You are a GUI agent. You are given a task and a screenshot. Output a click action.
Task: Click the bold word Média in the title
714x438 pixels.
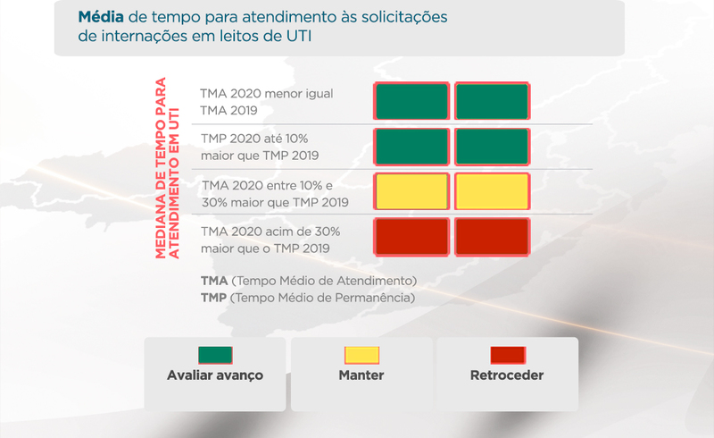point(101,17)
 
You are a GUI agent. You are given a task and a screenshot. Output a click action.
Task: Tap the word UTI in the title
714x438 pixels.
point(299,36)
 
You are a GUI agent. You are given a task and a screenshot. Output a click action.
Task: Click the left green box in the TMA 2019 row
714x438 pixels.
point(411,101)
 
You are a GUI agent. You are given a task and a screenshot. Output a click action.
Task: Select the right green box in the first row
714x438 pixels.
point(493,101)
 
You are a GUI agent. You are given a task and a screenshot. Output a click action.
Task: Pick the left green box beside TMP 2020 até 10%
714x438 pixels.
point(411,147)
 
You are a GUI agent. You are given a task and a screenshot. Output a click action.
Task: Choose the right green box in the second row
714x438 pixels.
point(493,147)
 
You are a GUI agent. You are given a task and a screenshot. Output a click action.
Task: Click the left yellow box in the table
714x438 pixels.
point(411,191)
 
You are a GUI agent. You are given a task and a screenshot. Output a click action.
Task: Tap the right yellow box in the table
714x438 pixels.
point(493,191)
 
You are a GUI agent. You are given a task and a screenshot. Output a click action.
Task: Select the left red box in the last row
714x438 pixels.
point(411,237)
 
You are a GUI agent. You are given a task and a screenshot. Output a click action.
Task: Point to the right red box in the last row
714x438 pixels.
point(493,237)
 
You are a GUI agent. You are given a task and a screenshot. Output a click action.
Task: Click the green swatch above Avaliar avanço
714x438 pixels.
point(215,355)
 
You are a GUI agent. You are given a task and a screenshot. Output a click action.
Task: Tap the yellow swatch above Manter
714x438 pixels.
point(361,355)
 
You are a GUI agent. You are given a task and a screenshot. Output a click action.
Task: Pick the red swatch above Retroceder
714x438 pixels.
point(508,355)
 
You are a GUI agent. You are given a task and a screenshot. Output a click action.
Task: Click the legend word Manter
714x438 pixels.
point(361,375)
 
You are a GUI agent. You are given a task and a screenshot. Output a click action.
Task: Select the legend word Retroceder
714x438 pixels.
point(507,375)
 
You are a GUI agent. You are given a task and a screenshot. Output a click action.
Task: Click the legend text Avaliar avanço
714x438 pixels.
point(215,375)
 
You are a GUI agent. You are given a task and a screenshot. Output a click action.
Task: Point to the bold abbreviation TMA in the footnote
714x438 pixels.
point(214,281)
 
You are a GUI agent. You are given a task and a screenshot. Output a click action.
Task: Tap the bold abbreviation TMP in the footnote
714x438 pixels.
point(213,298)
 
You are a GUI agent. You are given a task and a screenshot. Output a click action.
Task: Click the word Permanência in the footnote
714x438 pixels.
point(375,298)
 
